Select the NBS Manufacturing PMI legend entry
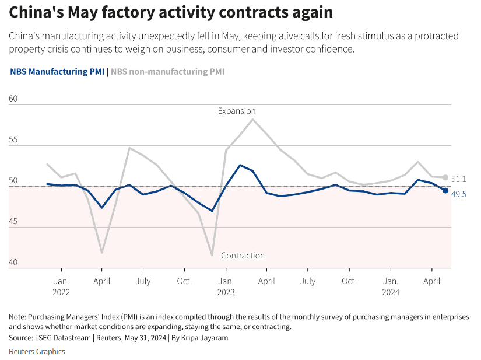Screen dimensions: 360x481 57,72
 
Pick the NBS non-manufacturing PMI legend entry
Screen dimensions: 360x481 167,72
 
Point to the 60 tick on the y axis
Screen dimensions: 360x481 14,99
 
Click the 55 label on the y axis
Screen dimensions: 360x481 14,140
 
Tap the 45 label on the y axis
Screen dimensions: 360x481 14,222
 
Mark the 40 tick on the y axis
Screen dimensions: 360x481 14,263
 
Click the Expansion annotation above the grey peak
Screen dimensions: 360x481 237,110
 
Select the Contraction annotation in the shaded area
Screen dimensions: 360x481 243,256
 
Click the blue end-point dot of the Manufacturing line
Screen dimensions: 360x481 445,190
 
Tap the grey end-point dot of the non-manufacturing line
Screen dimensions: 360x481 445,177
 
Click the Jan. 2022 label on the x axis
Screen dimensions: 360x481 61,286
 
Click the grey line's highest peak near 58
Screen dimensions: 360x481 252,119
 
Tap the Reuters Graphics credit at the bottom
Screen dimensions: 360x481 37,351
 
